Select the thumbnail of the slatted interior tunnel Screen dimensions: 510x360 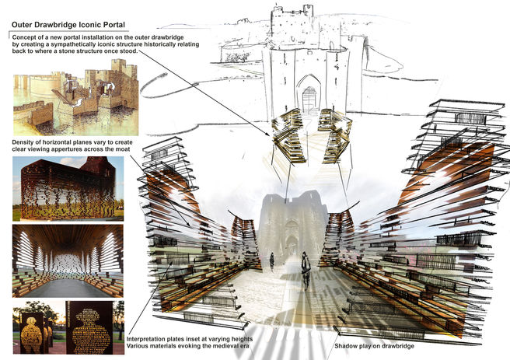click(68, 261)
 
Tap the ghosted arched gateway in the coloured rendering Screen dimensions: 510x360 click(292, 243)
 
